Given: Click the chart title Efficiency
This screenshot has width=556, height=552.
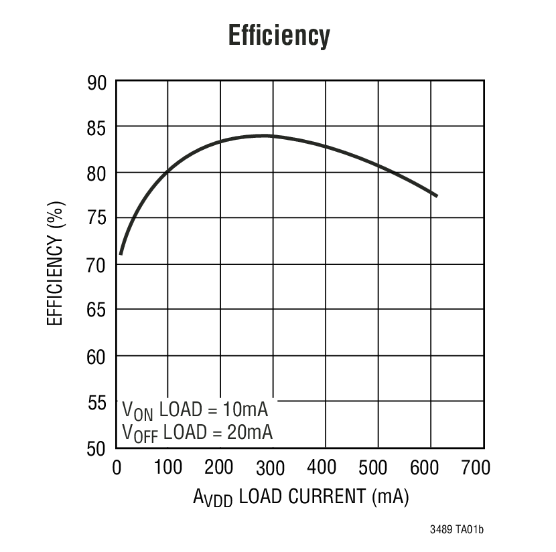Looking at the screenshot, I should (279, 35).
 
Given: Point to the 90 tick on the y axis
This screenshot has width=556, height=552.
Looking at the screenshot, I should (97, 82).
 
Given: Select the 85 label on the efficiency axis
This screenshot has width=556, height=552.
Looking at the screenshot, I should (97, 127).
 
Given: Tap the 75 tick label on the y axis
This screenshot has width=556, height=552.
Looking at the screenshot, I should (97, 219).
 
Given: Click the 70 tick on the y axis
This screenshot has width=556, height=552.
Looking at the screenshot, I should (97, 265).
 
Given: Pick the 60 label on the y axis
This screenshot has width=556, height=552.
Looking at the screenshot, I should (97, 357).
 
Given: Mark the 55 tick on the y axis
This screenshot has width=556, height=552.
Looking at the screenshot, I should (97, 402).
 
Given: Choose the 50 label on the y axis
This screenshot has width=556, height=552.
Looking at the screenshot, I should (97, 448).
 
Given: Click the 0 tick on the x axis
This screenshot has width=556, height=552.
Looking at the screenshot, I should (117, 466).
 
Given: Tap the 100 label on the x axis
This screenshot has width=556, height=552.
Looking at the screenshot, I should (167, 466).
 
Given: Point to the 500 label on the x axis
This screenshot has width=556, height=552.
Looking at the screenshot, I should (378, 466).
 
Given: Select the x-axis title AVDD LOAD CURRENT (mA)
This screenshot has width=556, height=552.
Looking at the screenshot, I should (301, 497).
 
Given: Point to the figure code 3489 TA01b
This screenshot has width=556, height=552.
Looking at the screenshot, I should (456, 530).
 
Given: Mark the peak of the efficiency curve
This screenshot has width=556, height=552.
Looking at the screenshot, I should (265, 135).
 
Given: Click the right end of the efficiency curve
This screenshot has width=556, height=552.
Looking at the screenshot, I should (437, 195).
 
